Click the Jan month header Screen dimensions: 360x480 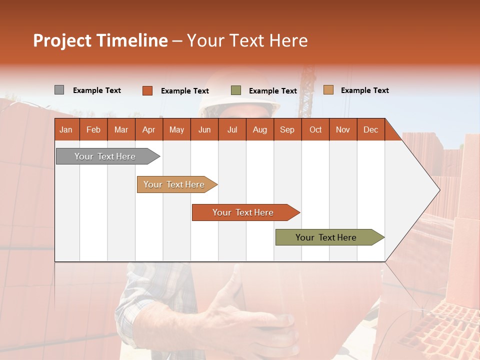point(66,129)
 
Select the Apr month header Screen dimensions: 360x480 point(148,129)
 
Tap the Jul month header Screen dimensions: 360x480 point(232,129)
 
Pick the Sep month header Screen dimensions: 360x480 point(287,129)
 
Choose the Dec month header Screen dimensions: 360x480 point(370,129)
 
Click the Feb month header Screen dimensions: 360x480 point(93,129)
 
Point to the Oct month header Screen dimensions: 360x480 point(315,129)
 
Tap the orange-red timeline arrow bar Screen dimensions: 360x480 point(243,212)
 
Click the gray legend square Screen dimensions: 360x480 point(59,90)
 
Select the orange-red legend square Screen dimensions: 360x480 point(147,90)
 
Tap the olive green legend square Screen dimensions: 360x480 point(236,90)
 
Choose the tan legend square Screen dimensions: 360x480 point(328,90)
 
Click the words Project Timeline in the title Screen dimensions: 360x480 point(100,40)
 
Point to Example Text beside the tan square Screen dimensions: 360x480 point(364,90)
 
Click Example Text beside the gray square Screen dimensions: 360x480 point(96,90)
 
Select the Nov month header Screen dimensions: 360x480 point(343,129)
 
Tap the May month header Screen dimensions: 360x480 point(176,129)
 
